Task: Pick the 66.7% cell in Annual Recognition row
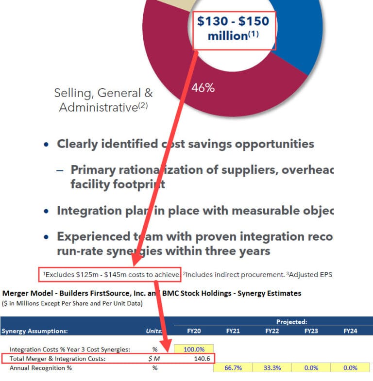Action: click(233, 368)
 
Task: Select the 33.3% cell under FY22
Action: click(272, 368)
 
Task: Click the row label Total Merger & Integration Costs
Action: click(58, 359)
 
